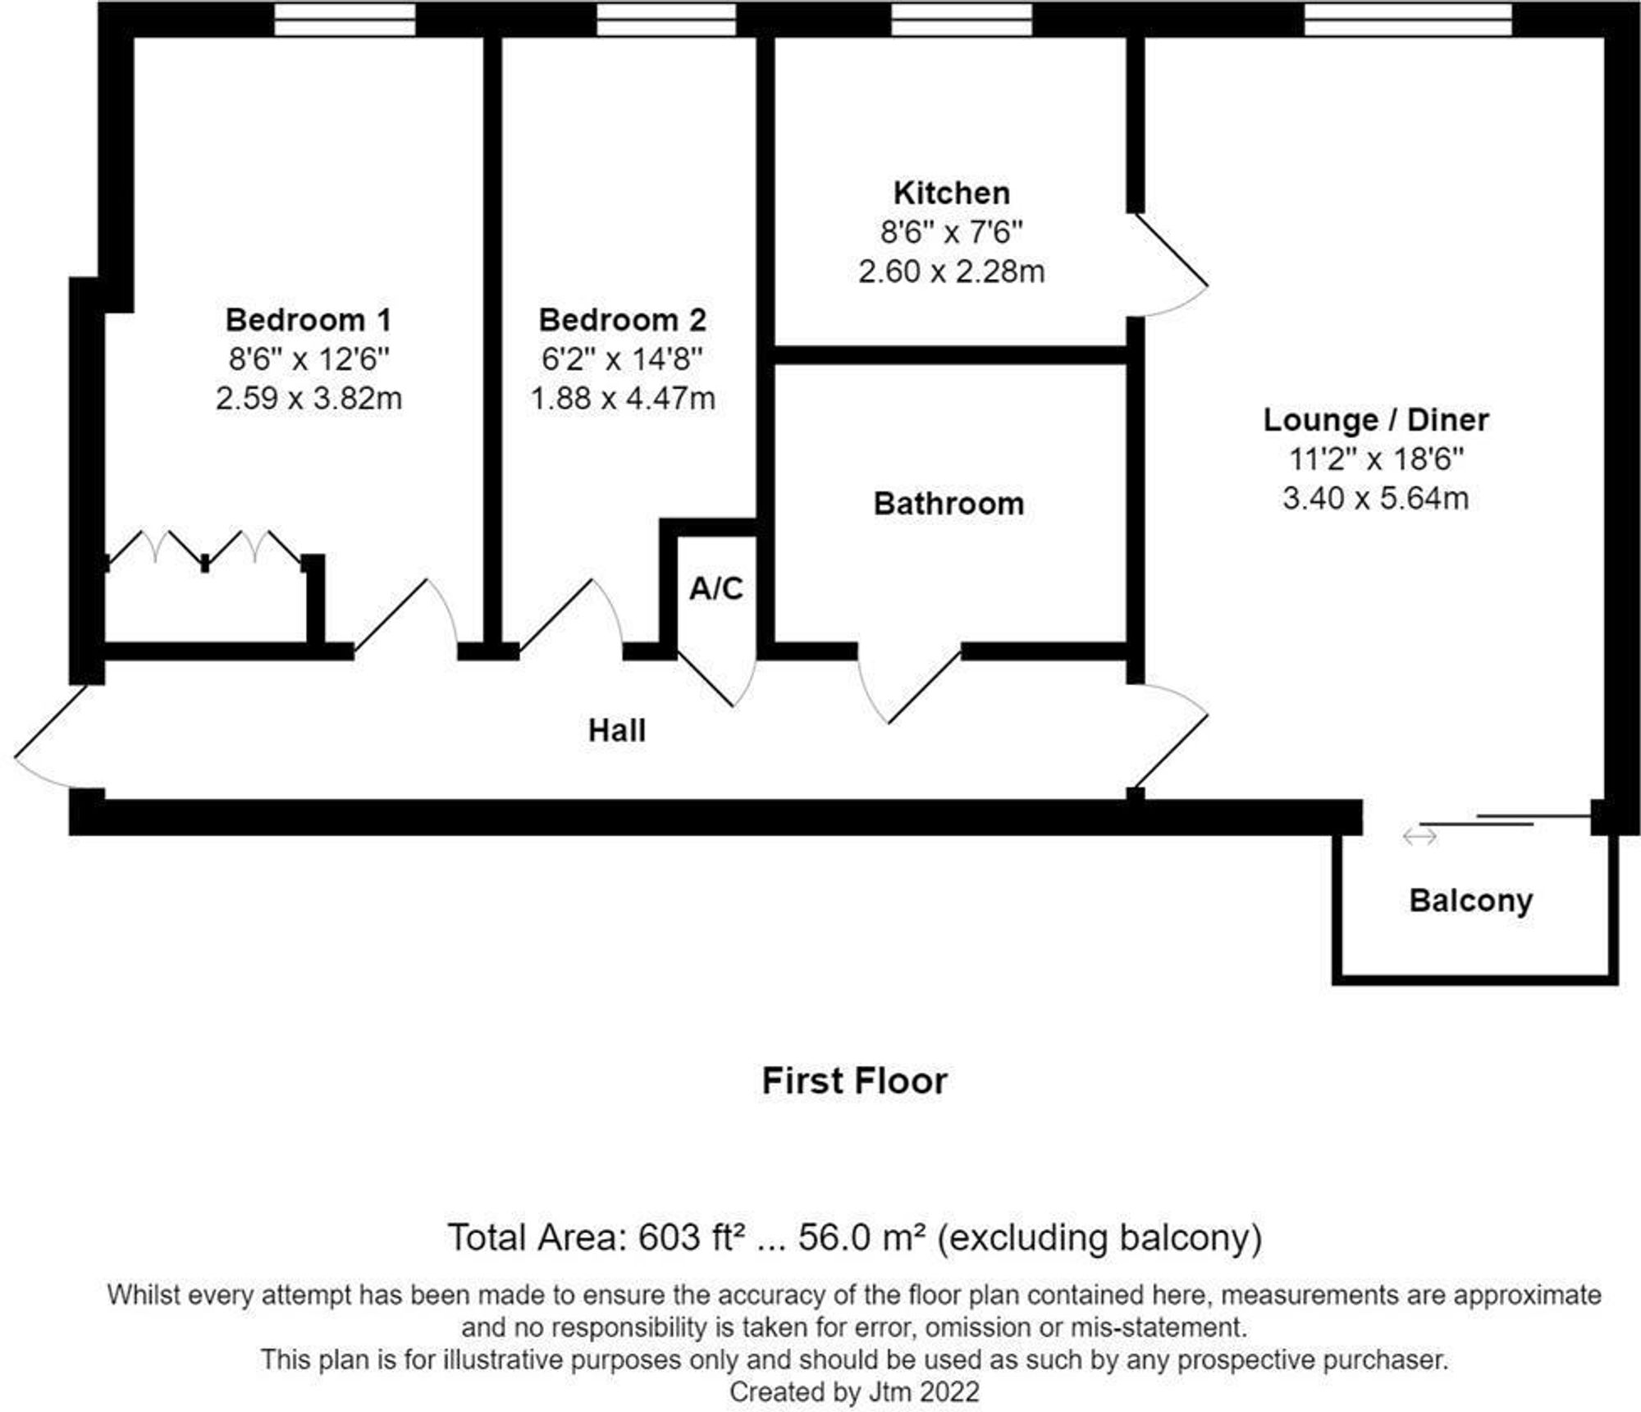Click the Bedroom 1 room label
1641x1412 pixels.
click(308, 320)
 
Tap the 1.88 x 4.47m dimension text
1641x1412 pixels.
click(623, 399)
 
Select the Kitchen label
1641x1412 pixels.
click(951, 194)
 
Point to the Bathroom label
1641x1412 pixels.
click(948, 504)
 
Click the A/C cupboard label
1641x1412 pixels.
click(715, 588)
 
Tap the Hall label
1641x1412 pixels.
click(617, 730)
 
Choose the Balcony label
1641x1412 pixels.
click(1470, 901)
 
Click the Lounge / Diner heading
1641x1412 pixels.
click(1375, 420)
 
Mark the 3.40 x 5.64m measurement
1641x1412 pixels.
click(1375, 498)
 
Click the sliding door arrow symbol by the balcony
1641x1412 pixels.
click(1419, 836)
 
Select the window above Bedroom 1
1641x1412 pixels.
click(345, 20)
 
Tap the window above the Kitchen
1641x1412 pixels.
click(962, 20)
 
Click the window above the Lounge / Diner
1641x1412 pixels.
click(1408, 20)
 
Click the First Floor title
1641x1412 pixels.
click(854, 1081)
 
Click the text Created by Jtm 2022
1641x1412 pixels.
click(854, 1391)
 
